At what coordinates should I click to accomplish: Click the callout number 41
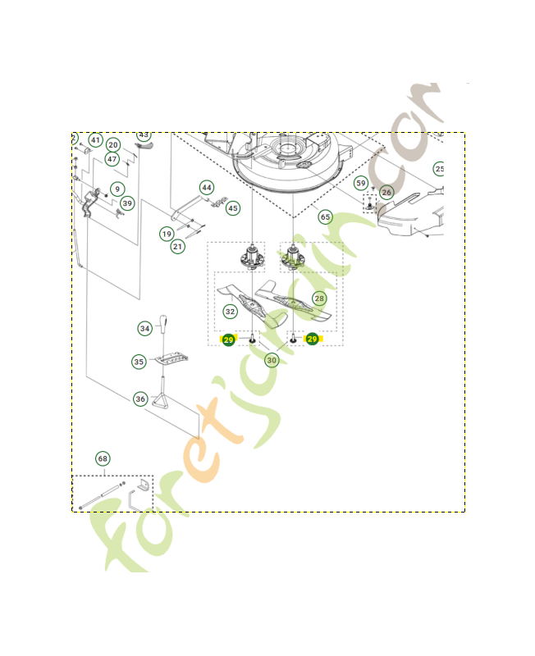(96, 140)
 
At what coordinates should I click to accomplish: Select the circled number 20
(113, 145)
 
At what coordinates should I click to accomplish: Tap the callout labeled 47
(112, 159)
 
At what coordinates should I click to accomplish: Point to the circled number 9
(117, 189)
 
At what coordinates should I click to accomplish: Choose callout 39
(126, 203)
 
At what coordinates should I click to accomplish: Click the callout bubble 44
(207, 188)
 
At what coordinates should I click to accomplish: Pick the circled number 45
(233, 208)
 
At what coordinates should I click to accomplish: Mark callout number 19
(167, 234)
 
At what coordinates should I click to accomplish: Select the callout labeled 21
(177, 246)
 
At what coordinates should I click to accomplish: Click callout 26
(386, 193)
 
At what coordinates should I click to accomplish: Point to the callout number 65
(325, 217)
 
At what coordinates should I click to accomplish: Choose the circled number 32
(231, 312)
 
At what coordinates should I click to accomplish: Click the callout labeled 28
(318, 299)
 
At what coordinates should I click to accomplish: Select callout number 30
(272, 359)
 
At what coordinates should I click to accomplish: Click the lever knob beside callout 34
(164, 321)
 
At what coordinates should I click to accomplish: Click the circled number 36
(141, 399)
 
